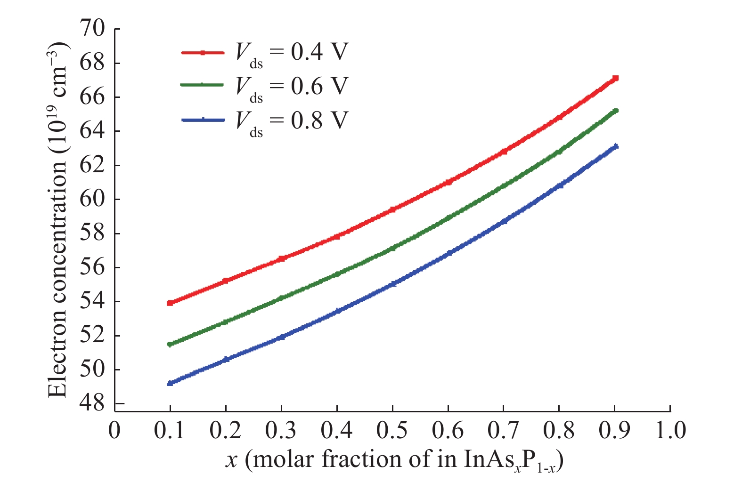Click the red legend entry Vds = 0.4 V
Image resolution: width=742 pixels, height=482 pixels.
click(x=264, y=53)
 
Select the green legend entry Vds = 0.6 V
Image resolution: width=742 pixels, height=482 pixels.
click(x=264, y=87)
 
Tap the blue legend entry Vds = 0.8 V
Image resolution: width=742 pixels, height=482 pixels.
click(x=264, y=121)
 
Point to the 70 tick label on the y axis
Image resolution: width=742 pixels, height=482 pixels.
click(x=92, y=29)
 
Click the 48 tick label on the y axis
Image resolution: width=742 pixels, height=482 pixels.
click(x=92, y=404)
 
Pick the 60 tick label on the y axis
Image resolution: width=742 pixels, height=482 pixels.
click(x=92, y=199)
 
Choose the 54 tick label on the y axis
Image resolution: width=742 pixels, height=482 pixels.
click(x=92, y=301)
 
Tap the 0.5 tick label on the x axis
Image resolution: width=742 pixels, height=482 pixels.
click(x=392, y=430)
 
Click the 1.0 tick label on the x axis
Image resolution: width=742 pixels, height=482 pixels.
click(x=670, y=430)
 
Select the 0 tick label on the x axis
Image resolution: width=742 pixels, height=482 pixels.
click(x=114, y=430)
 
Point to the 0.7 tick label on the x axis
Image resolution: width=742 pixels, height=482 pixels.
click(x=504, y=430)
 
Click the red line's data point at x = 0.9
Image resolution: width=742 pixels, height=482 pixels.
click(x=615, y=78)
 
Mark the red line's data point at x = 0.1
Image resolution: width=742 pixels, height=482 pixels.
click(x=170, y=303)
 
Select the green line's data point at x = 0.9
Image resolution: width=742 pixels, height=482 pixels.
click(x=615, y=111)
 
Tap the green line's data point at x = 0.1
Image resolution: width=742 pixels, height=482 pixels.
click(x=170, y=344)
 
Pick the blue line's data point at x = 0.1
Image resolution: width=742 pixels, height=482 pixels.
click(x=170, y=384)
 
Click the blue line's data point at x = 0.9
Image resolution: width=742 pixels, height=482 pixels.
click(x=615, y=146)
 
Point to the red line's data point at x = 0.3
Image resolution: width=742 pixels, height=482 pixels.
click(x=281, y=258)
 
